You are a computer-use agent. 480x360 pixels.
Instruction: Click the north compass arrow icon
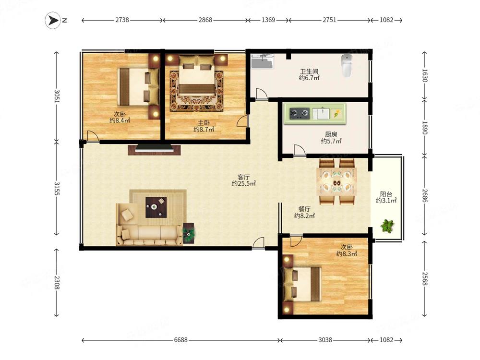coord(53,21)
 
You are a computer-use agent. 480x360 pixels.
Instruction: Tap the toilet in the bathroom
coord(347,66)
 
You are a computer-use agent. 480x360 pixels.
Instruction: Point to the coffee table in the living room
coord(156,207)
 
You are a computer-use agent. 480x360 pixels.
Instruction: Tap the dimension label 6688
coord(180,340)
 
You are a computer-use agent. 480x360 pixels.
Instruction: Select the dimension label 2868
coord(205,20)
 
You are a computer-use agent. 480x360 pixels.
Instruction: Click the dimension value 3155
coord(57,189)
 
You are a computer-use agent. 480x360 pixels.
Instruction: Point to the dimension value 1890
coord(425,128)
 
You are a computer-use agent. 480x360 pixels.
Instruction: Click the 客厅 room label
coord(244,177)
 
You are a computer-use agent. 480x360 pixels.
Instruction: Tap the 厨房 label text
coord(331,134)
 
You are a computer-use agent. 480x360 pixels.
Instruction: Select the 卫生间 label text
coord(309,72)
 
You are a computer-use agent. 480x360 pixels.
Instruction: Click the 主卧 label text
coord(204,123)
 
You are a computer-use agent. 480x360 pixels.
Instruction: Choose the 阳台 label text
coord(386,194)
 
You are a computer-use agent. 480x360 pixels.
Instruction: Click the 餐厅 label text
coord(304,209)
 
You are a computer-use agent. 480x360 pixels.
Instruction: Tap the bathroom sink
coord(263,61)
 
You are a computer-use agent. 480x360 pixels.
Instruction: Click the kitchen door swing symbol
coord(300,150)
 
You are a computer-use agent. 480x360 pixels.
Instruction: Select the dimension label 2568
coord(425,279)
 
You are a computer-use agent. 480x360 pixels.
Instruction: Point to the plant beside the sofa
coord(189,233)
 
